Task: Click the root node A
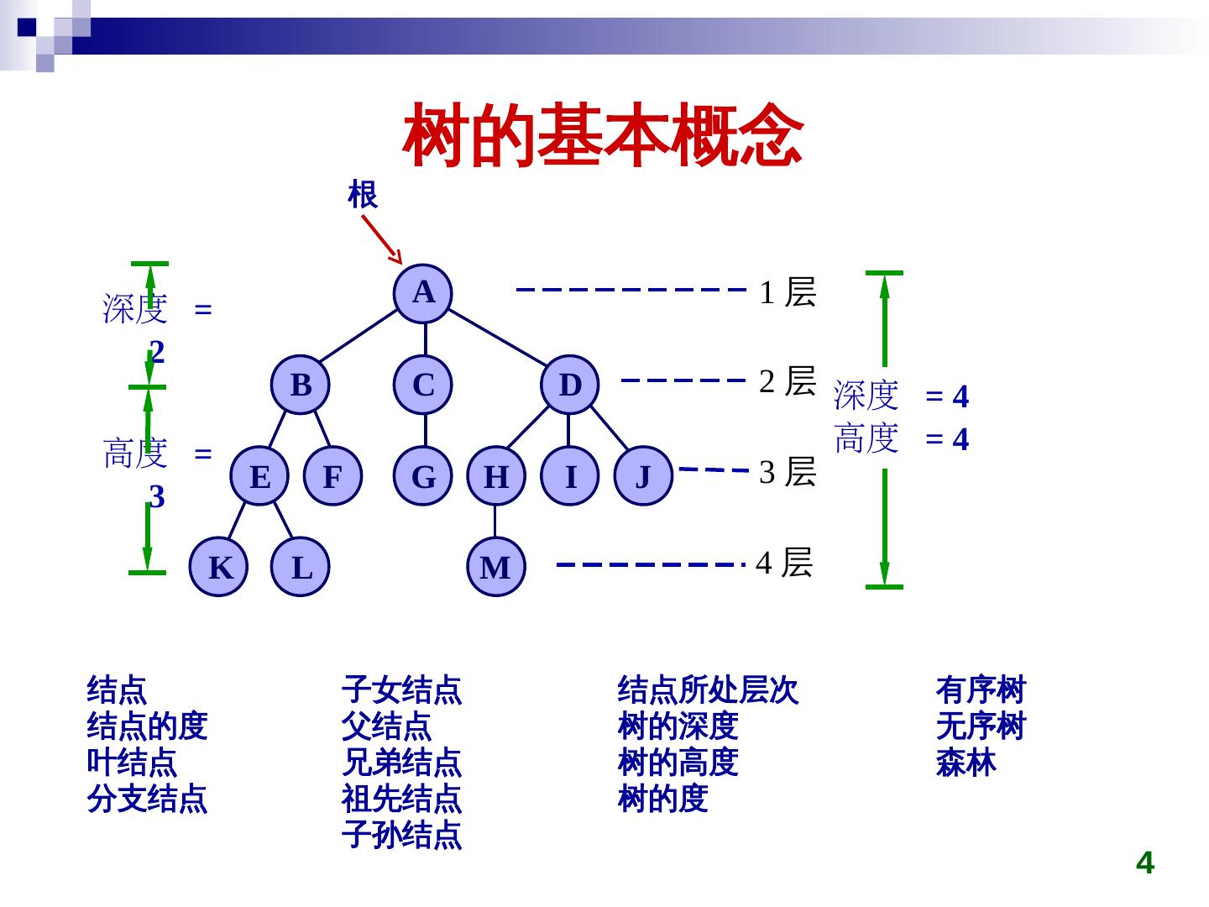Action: coord(424,293)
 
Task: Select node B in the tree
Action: coord(301,385)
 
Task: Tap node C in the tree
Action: coord(424,385)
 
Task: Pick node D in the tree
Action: coord(569,385)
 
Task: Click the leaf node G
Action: coord(424,476)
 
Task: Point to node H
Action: coord(496,476)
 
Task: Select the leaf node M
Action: coord(495,567)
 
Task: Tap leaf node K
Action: coord(219,567)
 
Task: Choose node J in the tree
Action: coord(643,476)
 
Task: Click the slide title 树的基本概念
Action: coord(603,135)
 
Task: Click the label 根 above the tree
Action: coord(363,195)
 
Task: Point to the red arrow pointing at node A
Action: coord(382,239)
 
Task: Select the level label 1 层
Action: coord(788,292)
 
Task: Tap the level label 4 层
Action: coord(784,562)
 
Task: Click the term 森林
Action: coord(966,763)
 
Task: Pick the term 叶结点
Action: coord(132,763)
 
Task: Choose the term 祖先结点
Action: coord(401,799)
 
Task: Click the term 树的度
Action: coord(662,799)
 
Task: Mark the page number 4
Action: coord(1144,862)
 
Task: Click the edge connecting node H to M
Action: coord(495,521)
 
